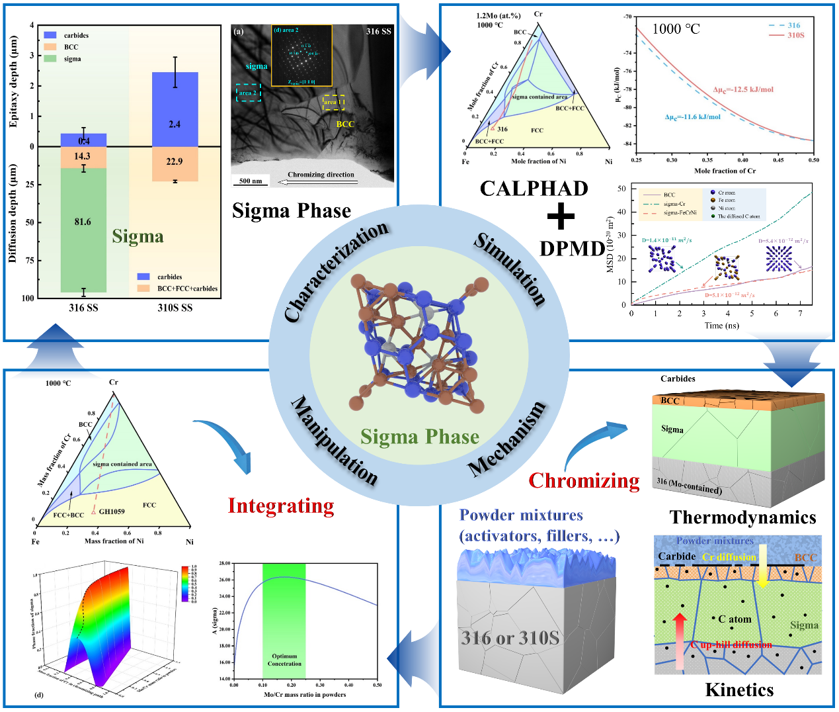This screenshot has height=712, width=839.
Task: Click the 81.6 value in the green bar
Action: (83, 222)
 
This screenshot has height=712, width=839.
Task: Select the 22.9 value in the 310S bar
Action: (175, 161)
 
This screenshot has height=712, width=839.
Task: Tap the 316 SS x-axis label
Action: (83, 308)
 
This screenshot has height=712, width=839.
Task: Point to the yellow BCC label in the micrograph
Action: (345, 124)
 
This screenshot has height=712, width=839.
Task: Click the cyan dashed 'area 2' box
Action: (249, 93)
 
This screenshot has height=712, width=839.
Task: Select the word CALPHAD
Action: (534, 189)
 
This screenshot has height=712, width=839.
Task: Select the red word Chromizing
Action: (584, 480)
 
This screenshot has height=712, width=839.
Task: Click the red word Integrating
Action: (281, 506)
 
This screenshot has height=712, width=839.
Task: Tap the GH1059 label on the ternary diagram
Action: (111, 512)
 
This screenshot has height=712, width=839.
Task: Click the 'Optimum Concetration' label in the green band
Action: (284, 660)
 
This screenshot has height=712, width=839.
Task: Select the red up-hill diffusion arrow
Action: (680, 642)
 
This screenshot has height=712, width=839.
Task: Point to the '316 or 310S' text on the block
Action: (510, 638)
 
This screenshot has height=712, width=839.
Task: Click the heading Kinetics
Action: (739, 690)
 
